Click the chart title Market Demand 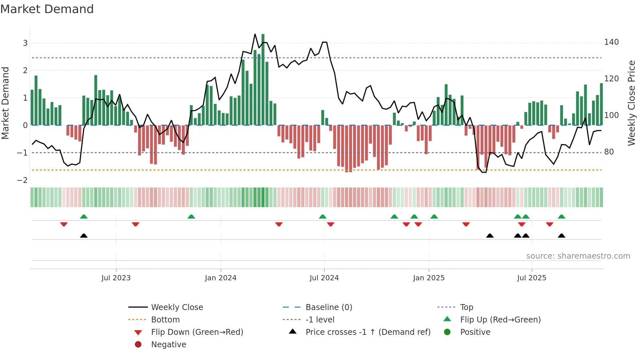tap(47, 9)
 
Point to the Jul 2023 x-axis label tap(116, 278)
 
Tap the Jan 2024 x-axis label tap(220, 278)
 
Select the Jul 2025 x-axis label tap(532, 278)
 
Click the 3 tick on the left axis tap(25, 43)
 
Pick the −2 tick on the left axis tap(23, 180)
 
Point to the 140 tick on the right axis tap(611, 42)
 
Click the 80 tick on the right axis tap(609, 152)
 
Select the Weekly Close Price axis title tap(632, 103)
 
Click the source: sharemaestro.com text tap(578, 256)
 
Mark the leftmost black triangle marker tap(84, 236)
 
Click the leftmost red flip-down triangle tap(64, 224)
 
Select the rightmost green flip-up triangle tap(562, 217)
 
